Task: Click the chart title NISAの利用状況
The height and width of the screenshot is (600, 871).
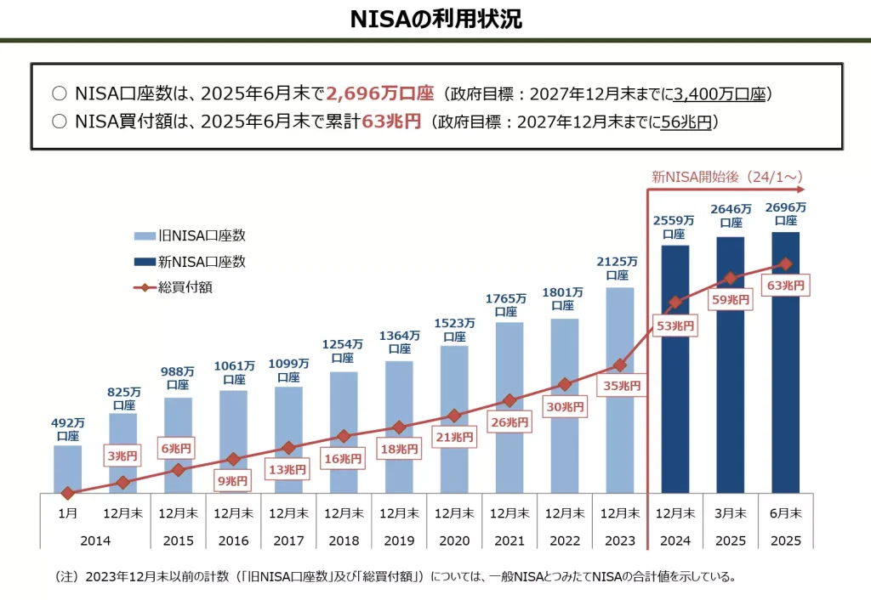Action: coord(435,19)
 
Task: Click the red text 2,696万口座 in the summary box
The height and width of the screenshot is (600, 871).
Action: coord(380,93)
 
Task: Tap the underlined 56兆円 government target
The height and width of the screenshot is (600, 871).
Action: coord(686,122)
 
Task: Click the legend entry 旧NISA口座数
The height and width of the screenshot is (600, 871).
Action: coord(190,236)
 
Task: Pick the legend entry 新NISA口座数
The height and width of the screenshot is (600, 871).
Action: coord(190,262)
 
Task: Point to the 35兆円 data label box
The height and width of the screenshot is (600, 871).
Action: coord(619,385)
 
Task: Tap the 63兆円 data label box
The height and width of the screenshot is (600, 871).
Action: coord(786,286)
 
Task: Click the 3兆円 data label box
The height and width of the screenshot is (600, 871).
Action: coord(122,456)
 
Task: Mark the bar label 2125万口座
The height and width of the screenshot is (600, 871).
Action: coord(618,268)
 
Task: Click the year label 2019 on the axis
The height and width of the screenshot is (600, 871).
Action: coord(399,540)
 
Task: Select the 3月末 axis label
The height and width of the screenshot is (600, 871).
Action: coord(731,513)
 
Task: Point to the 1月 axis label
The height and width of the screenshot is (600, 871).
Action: coord(67,513)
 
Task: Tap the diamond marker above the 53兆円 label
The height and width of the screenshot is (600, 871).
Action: coord(675,303)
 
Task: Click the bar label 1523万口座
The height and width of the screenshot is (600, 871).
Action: coord(453,329)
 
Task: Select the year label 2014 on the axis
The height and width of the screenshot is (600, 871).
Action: coord(95,540)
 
